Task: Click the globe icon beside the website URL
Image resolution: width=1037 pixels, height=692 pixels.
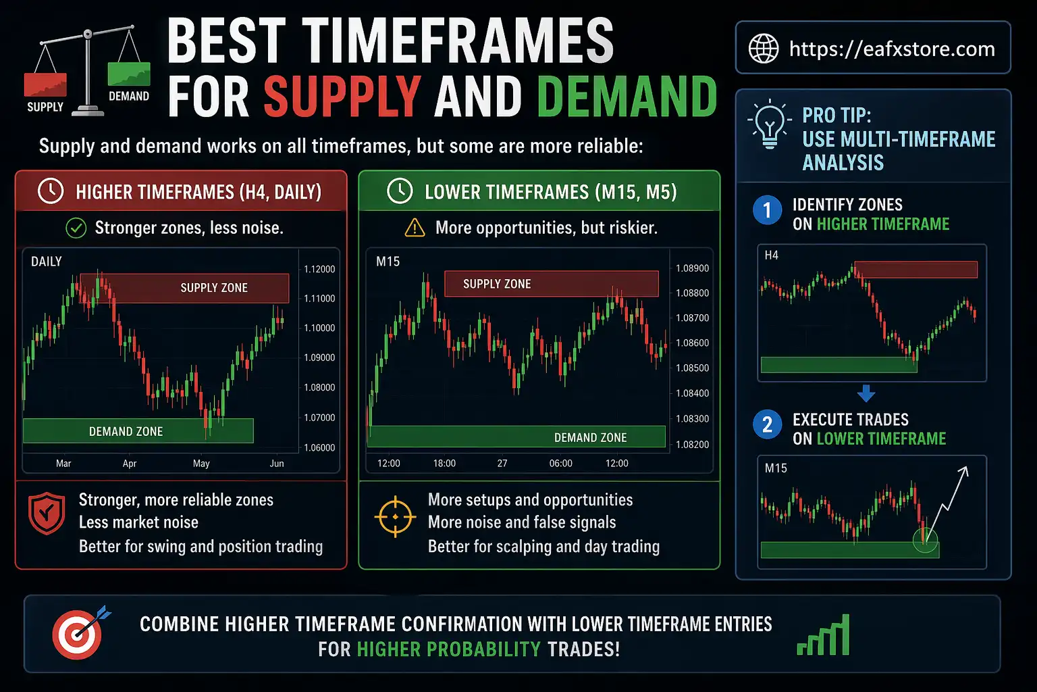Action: click(x=764, y=49)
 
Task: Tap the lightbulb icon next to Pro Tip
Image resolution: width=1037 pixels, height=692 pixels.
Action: click(x=769, y=124)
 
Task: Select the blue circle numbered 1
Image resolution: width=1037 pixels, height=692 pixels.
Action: click(x=767, y=210)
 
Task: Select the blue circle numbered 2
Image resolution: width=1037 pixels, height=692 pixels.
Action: click(x=767, y=425)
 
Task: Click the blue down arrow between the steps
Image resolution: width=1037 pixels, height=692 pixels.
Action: click(x=866, y=393)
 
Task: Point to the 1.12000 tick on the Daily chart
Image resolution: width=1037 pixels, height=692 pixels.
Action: click(x=319, y=269)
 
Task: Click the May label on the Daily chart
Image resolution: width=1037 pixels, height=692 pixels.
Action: click(x=201, y=464)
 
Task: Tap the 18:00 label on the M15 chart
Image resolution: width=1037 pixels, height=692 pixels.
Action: click(x=444, y=464)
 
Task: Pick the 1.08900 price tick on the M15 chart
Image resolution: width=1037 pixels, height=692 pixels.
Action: click(x=692, y=268)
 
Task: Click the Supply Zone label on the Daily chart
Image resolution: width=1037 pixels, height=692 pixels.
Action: click(x=214, y=288)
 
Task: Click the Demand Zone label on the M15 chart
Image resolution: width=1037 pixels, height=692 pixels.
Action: click(x=590, y=438)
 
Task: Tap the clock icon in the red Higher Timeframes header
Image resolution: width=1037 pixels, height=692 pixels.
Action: click(x=51, y=191)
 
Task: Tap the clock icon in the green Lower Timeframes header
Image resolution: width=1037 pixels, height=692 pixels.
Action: click(x=400, y=191)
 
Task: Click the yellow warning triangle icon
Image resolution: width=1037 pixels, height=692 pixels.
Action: click(x=415, y=228)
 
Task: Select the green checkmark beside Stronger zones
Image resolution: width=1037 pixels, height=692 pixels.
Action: click(x=76, y=228)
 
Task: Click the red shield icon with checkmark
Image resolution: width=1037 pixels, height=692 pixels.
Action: click(x=47, y=514)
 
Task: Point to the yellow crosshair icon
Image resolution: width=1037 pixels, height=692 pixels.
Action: click(x=395, y=518)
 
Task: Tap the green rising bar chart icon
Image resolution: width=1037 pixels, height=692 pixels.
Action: click(x=824, y=636)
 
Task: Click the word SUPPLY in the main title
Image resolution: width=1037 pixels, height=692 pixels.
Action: click(x=342, y=97)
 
